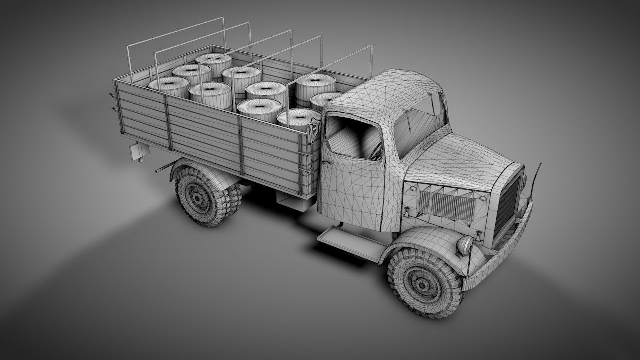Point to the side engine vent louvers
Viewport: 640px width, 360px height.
[446, 205]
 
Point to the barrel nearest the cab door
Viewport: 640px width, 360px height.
[298, 119]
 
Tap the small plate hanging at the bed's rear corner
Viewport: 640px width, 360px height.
[136, 152]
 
